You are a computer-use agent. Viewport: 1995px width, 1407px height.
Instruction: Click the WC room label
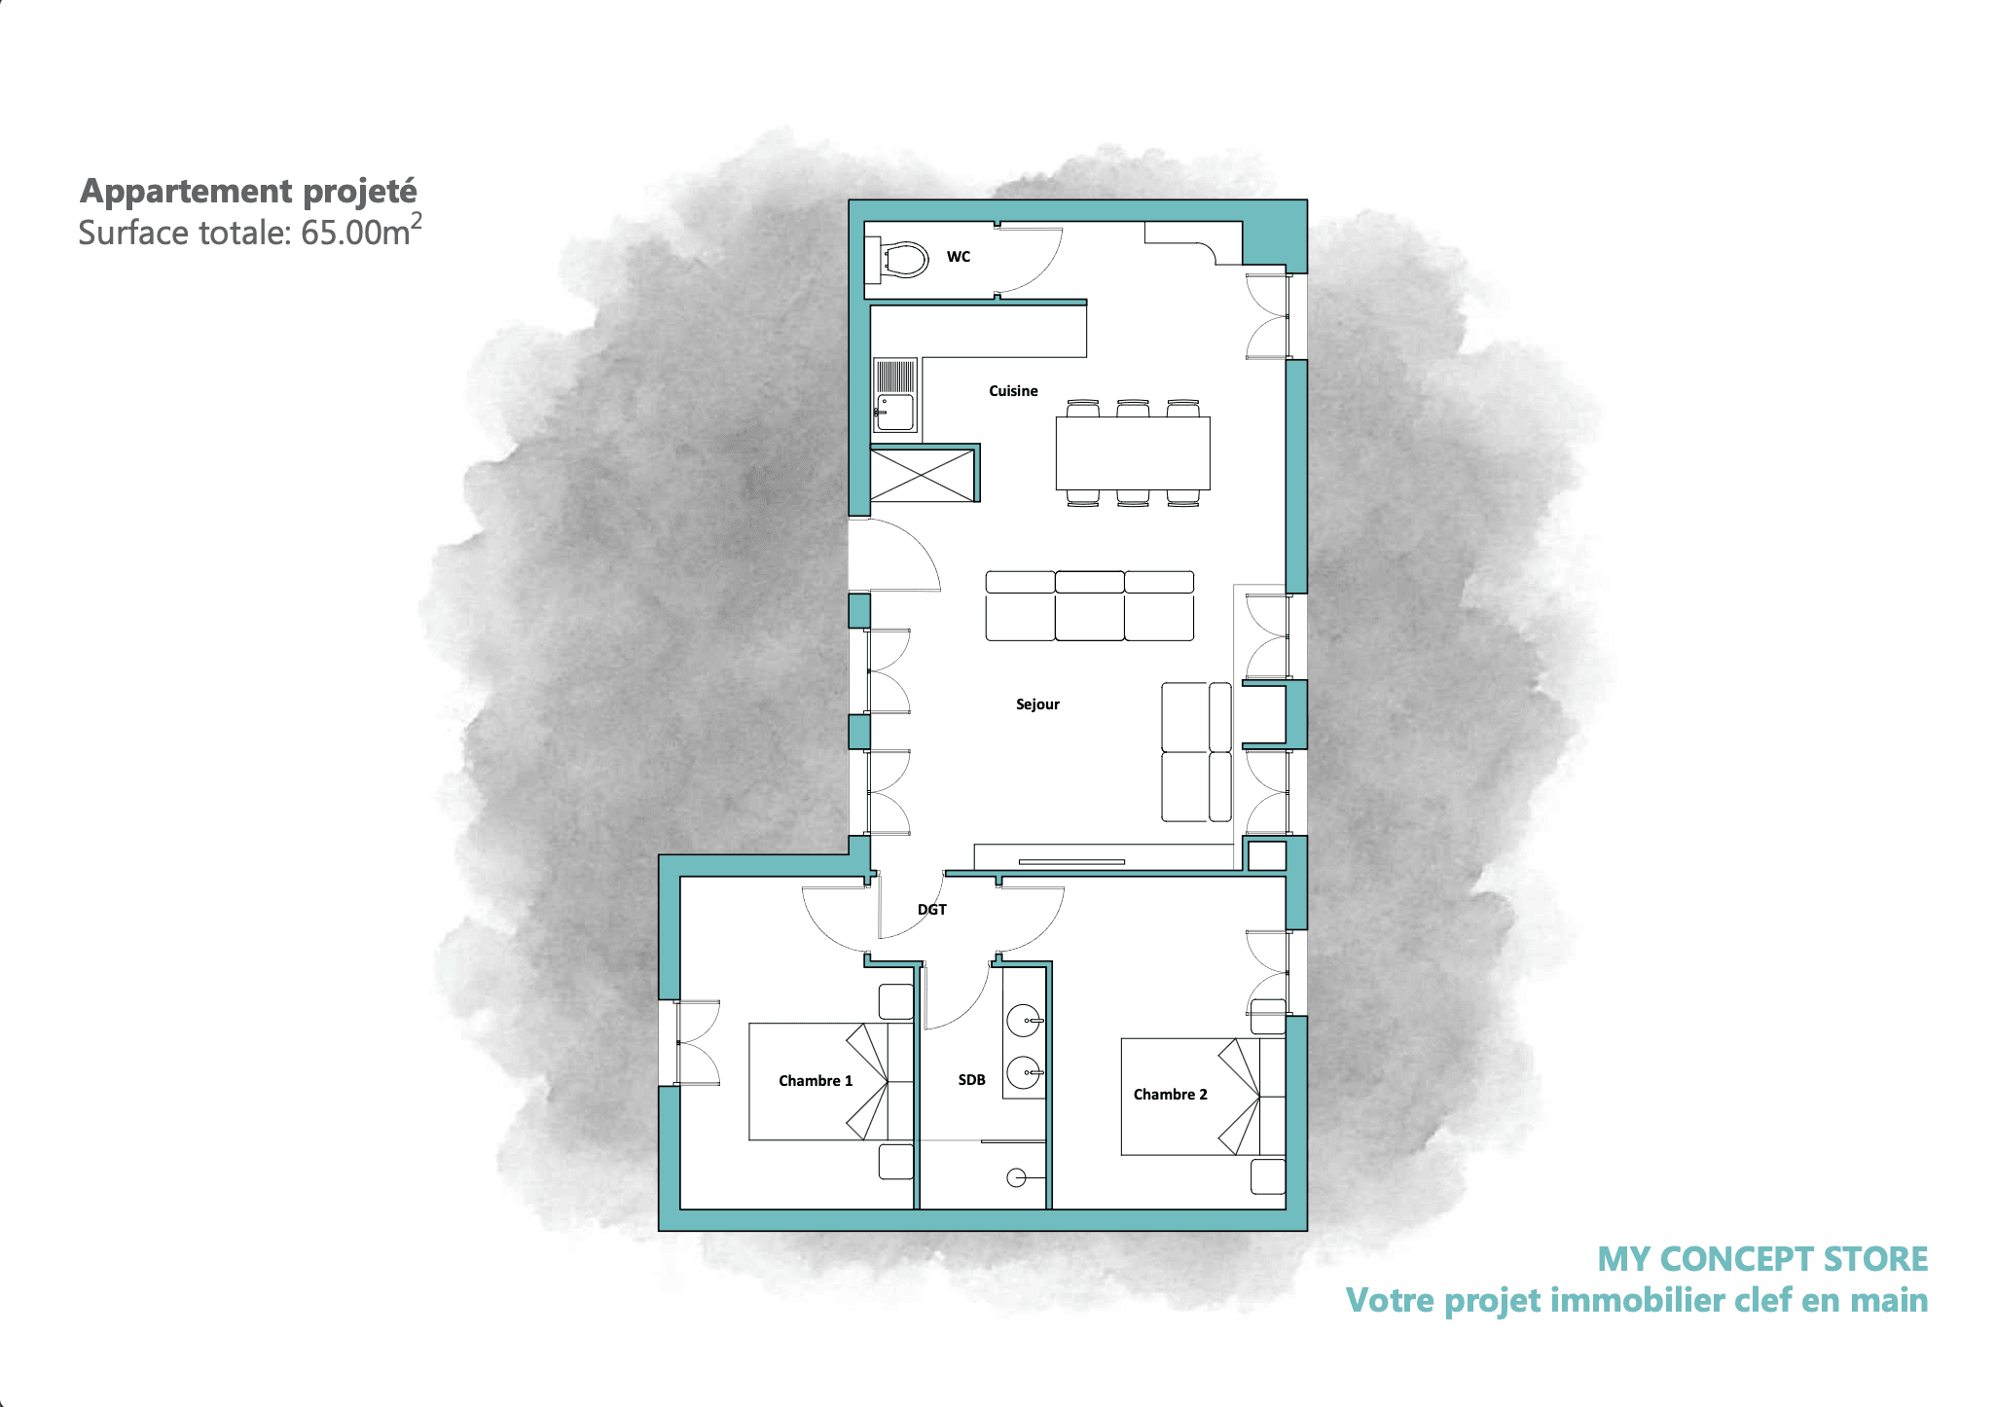point(959,257)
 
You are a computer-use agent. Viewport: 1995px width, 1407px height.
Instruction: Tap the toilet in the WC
point(896,260)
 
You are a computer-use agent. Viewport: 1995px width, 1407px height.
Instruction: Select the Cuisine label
point(1013,391)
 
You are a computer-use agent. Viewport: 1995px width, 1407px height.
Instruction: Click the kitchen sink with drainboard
point(895,395)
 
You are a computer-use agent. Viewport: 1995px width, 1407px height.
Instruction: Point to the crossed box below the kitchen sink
point(922,475)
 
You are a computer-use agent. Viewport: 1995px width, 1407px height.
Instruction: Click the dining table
point(1133,452)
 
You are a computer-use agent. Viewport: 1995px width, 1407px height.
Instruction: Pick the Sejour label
point(1037,704)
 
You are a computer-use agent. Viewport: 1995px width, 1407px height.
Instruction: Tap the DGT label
point(932,910)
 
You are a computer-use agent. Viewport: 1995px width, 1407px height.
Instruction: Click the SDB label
point(971,1080)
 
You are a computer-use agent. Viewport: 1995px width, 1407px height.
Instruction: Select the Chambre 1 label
point(816,1081)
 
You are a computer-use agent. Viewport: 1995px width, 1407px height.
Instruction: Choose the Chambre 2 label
point(1170,1095)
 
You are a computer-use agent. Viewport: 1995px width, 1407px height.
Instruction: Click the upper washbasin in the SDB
point(1026,1022)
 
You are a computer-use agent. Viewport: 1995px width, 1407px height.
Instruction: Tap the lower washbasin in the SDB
point(1026,1073)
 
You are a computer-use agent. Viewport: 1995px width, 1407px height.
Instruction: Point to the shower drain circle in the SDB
point(1016,1178)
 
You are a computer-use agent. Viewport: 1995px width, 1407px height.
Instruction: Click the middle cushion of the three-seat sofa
point(1090,606)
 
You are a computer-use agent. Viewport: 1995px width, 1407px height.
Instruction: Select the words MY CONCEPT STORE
point(1762,1259)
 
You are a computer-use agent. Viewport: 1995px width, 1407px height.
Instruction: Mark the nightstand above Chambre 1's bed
point(896,1001)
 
